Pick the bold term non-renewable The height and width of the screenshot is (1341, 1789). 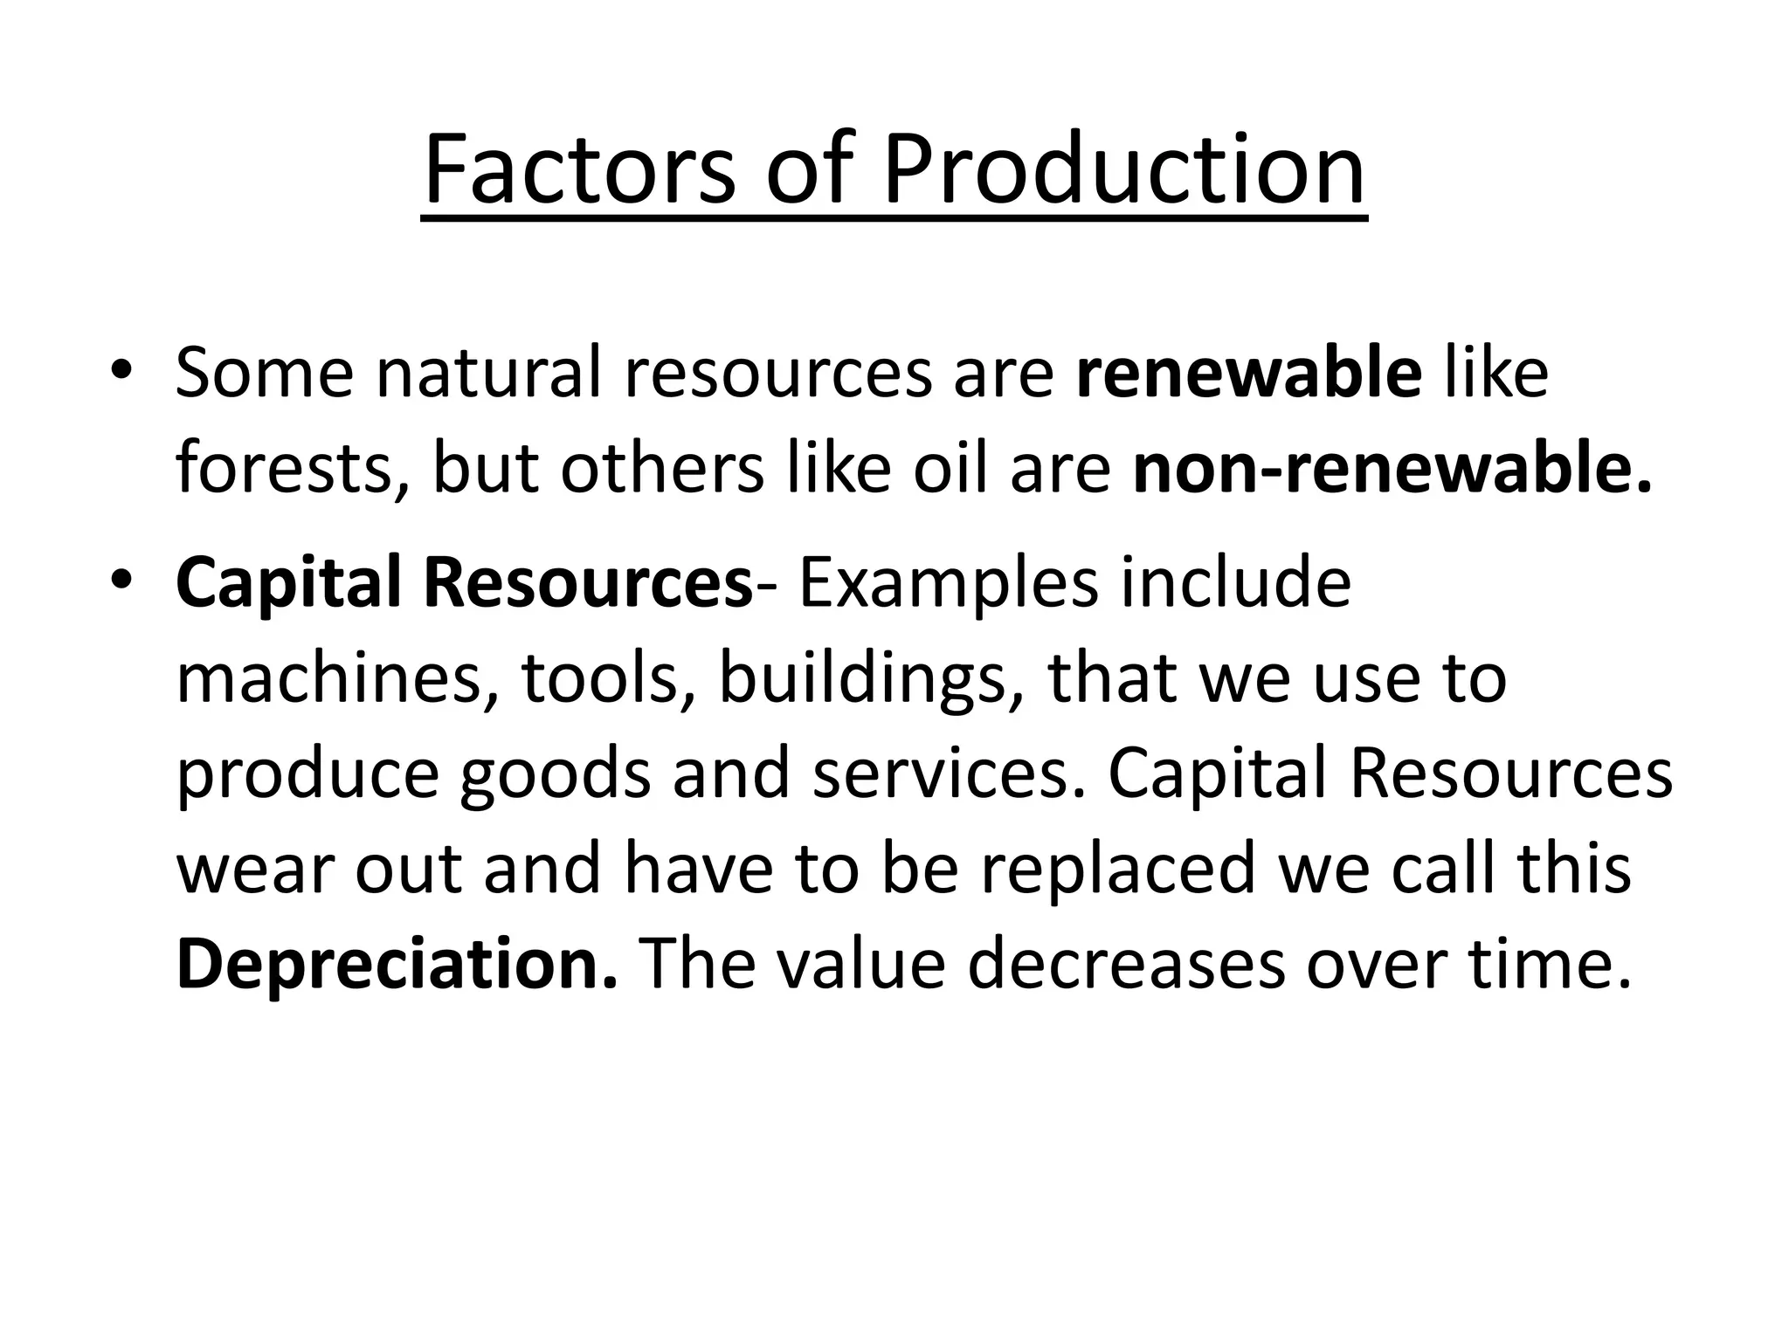click(x=1393, y=470)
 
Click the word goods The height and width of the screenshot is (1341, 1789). click(x=556, y=777)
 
